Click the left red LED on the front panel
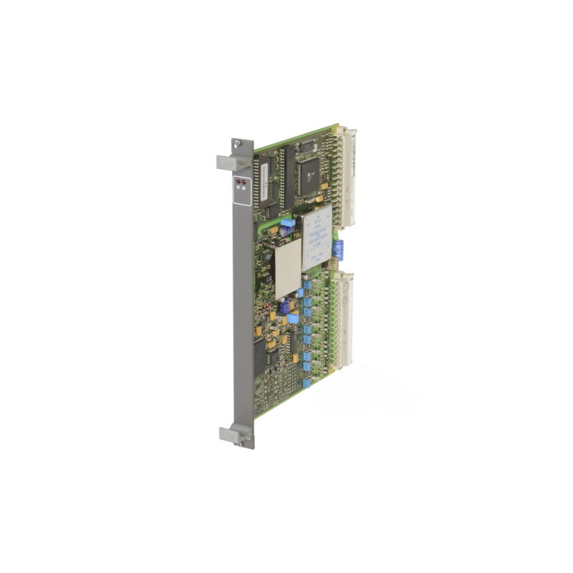click(239, 183)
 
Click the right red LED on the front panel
click(243, 183)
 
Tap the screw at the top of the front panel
click(246, 143)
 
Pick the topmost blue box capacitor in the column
click(307, 282)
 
